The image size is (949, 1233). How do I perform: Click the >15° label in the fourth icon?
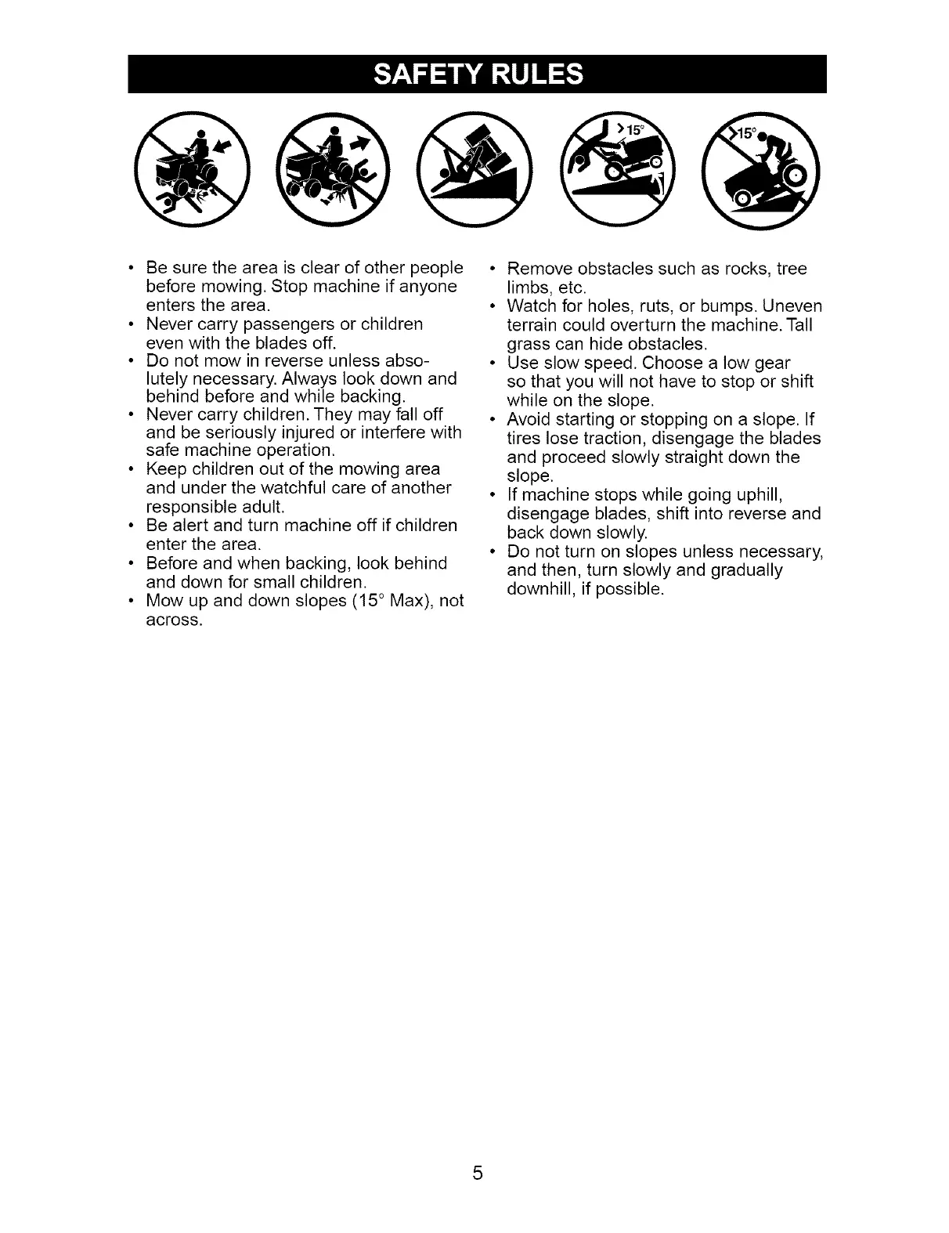pos(630,130)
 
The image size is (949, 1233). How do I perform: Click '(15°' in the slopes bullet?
pos(363,602)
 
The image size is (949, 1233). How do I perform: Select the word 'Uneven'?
pos(792,306)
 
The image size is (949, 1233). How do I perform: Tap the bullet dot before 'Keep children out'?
pos(130,469)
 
